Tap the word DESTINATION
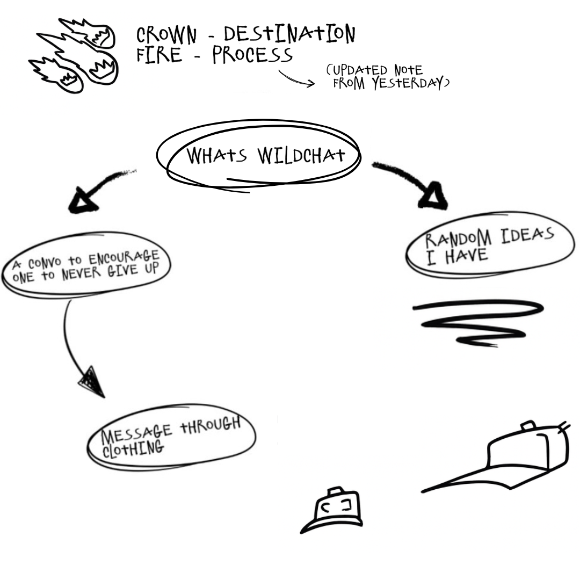point(289,34)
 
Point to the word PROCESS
point(252,55)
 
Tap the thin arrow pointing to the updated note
point(296,79)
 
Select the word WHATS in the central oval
point(216,156)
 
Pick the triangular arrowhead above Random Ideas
point(433,197)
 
